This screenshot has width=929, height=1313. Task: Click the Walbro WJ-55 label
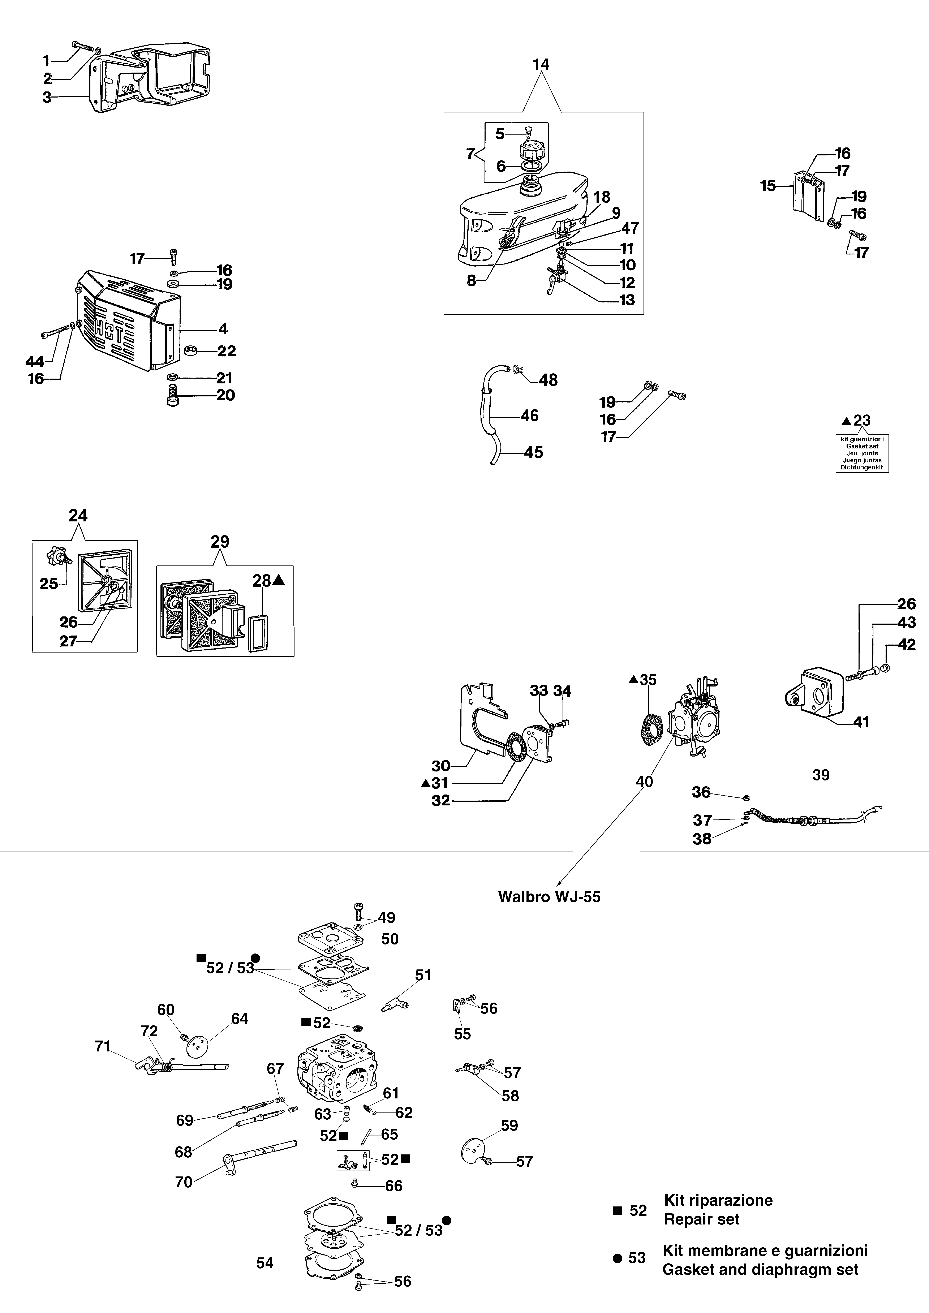549,896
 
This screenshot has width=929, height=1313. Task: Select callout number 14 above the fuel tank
541,65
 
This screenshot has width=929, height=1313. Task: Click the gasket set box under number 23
862,453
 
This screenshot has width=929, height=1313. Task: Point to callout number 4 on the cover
223,329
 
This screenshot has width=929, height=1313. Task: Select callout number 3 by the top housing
47,97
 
